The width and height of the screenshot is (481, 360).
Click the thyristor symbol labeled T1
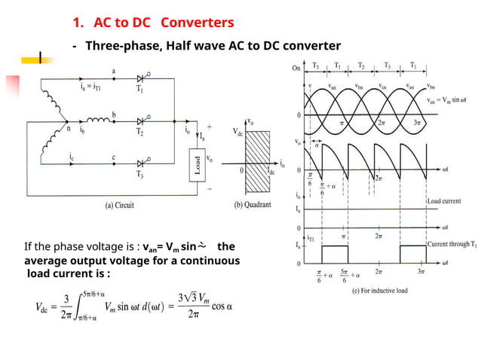tap(139, 78)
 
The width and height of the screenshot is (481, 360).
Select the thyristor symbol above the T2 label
tap(139, 121)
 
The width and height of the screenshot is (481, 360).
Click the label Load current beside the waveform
tap(446, 202)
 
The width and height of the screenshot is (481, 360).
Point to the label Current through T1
tap(452, 245)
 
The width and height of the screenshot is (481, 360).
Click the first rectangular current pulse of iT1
tap(334, 254)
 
